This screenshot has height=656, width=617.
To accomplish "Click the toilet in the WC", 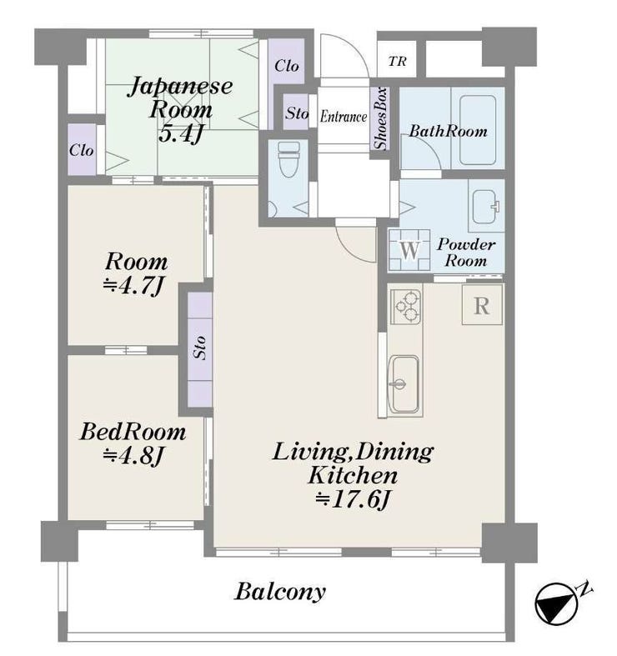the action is point(288,159).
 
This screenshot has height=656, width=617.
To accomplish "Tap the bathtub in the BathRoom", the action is point(478,130).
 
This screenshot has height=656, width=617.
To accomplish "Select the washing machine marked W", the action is point(409,250).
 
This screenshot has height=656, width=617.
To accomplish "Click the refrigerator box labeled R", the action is point(482,305).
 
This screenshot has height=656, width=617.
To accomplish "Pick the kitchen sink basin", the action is point(404,383).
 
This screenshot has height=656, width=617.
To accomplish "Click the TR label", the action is point(397,62).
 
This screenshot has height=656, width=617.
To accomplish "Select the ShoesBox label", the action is point(380,118).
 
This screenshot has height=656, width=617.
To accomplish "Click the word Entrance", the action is point(344,117).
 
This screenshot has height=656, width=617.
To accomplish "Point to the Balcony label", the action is point(280,592).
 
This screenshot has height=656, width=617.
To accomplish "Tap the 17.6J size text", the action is point(353,499).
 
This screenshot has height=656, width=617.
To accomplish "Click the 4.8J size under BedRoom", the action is point(133,456).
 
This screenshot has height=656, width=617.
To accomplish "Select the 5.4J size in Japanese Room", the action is point(180,133).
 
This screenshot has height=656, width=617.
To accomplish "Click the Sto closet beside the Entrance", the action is point(296,113).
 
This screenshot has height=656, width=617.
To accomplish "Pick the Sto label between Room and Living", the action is point(200,348).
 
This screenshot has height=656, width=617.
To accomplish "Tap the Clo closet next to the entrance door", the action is point(286,66).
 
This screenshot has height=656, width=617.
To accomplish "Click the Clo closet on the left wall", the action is point(82,150).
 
